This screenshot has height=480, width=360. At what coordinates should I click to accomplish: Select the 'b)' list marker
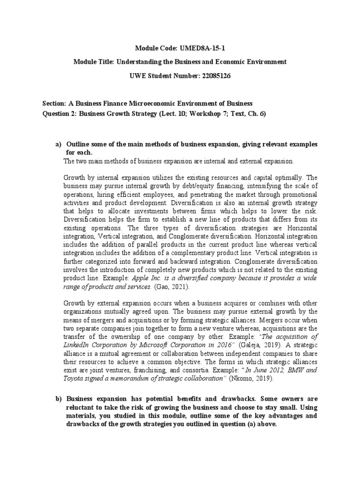pyautogui.click(x=59, y=398)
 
